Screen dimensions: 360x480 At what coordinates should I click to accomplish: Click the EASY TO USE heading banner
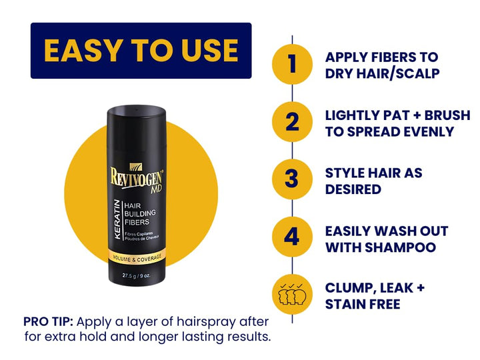141,51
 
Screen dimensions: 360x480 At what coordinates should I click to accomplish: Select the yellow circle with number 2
292,123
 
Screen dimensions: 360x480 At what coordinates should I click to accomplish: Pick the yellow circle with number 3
292,180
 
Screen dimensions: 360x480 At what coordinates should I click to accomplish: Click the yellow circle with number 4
292,238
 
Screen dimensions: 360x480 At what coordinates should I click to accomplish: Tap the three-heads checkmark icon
292,295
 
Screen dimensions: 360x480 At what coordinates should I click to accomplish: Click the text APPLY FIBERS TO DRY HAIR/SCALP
381,65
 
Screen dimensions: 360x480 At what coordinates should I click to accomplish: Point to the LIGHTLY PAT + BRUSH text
397,115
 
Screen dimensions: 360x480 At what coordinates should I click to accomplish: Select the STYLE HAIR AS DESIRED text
373,181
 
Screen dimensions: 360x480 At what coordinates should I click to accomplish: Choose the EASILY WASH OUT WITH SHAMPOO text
386,239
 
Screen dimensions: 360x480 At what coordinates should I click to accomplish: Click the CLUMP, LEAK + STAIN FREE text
375,296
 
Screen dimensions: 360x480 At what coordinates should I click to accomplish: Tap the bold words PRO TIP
47,320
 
